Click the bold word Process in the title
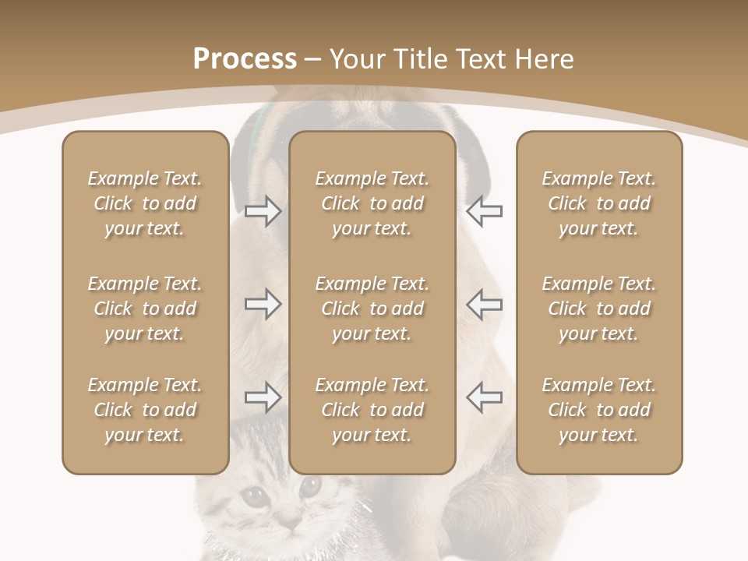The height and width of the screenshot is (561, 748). [x=245, y=59]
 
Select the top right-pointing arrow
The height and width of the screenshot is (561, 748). [x=263, y=211]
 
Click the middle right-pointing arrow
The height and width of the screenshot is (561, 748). [x=263, y=304]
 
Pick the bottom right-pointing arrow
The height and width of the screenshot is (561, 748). [x=263, y=397]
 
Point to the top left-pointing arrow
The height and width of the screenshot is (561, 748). [x=484, y=211]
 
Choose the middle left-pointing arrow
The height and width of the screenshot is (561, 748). [x=484, y=304]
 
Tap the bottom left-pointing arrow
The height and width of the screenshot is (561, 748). [x=484, y=397]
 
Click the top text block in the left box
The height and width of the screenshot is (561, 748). [x=145, y=203]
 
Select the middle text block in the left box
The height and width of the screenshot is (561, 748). [x=145, y=309]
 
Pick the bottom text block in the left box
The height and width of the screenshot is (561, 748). [x=145, y=410]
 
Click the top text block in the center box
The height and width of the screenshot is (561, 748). [x=372, y=203]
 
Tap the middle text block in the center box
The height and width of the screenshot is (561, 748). [x=372, y=309]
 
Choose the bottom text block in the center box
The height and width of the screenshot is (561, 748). [x=372, y=410]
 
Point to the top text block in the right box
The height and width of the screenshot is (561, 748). [x=599, y=203]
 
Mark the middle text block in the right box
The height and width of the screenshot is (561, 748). [x=599, y=309]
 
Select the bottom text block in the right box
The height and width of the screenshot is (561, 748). [x=599, y=410]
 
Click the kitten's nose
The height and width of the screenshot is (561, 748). [x=290, y=520]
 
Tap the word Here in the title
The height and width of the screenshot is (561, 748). [x=545, y=59]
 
